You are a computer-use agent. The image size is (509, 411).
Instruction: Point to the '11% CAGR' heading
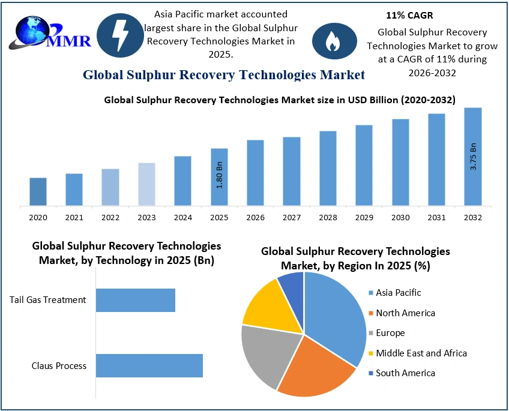point(409,16)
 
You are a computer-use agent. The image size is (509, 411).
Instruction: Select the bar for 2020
point(38,191)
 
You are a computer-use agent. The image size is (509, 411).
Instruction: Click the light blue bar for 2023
point(146,184)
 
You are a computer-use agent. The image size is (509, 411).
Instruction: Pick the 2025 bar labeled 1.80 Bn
point(219,176)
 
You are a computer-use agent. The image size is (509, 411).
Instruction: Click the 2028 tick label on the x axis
point(328,217)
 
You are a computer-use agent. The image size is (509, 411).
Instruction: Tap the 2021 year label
point(74,217)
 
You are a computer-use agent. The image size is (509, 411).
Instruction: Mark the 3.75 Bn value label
point(474,157)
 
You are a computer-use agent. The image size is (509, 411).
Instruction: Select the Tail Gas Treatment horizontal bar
point(136,300)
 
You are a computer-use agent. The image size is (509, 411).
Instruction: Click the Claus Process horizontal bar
point(149,365)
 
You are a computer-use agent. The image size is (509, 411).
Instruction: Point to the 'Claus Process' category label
point(59,366)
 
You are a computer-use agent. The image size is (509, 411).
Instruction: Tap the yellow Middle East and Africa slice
point(269,306)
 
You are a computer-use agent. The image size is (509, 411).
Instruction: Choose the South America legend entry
point(405,373)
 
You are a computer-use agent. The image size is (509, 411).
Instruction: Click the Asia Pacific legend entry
point(398,293)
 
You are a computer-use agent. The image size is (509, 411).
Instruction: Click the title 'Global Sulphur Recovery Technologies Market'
point(223,75)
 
